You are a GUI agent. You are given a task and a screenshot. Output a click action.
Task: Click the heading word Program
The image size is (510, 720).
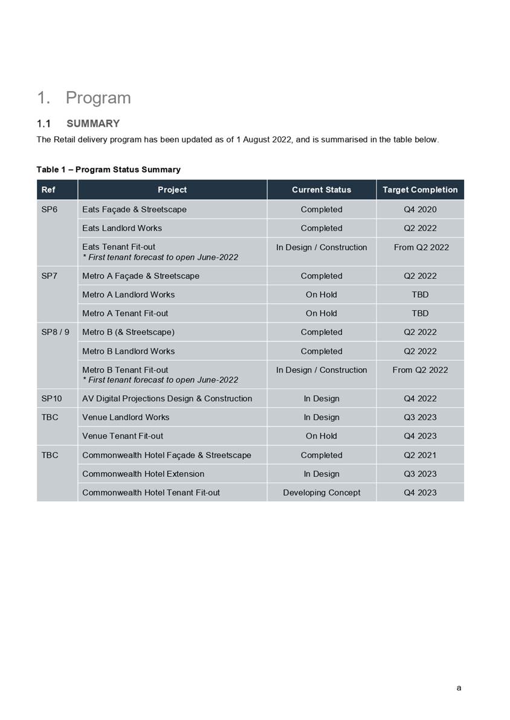point(98,98)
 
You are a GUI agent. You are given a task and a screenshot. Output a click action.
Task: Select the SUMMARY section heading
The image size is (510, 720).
point(92,124)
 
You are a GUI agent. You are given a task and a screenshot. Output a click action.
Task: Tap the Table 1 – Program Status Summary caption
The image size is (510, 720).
point(108,170)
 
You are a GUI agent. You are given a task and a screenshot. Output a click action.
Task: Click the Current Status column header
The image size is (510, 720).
point(321,190)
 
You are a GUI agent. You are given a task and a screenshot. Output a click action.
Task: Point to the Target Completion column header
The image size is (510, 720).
point(419,190)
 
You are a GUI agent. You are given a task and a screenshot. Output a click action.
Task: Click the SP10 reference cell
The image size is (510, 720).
point(51,398)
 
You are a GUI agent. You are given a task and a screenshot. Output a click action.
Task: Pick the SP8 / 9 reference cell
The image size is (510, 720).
point(55,332)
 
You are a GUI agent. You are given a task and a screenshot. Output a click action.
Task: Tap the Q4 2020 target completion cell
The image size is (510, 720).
point(419,209)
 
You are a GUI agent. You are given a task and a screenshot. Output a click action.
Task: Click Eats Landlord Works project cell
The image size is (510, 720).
point(122,228)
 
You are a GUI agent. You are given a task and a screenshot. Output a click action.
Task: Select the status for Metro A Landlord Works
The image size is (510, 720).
point(321,295)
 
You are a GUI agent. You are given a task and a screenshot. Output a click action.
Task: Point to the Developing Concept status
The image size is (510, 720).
point(321,492)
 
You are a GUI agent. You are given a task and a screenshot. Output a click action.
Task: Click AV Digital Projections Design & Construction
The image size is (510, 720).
point(167,398)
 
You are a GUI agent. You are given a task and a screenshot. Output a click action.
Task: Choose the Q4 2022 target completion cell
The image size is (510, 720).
point(419,398)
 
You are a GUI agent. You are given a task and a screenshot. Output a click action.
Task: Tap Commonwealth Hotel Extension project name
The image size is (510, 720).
point(143,474)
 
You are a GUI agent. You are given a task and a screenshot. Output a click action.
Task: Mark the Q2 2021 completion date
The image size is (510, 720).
point(419,455)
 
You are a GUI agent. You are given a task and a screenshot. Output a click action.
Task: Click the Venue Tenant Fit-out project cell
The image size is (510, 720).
point(123,436)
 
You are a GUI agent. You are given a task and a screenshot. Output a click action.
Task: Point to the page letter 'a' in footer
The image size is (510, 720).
point(459,687)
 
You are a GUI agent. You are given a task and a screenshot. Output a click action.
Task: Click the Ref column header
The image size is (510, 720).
point(48,190)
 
